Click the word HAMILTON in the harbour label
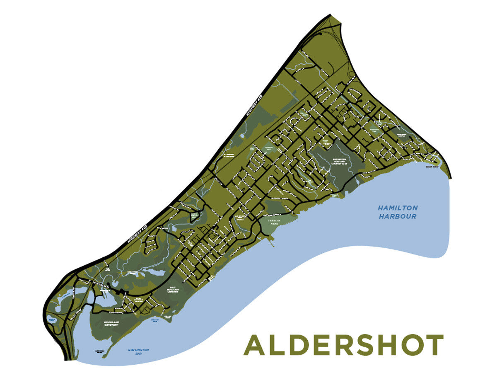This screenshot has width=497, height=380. (x=398, y=208)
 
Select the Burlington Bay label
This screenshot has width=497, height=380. (x=138, y=353)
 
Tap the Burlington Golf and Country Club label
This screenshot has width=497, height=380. (x=340, y=161)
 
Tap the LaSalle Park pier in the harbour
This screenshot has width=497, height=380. (x=272, y=242)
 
